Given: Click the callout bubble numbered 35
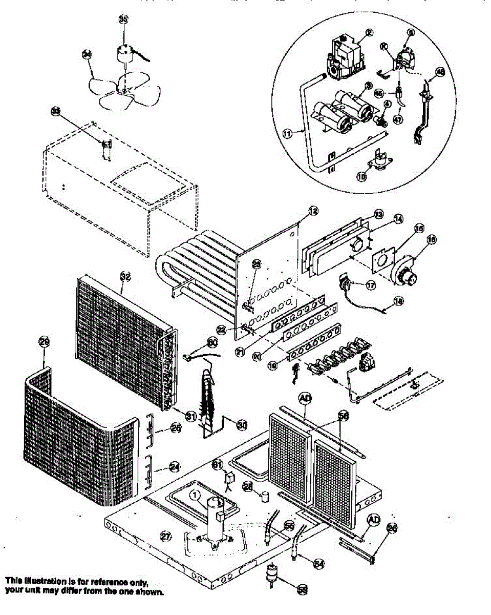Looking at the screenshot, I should [123, 19].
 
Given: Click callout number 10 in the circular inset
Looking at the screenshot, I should [362, 176].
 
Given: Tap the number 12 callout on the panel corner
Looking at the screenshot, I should [314, 210].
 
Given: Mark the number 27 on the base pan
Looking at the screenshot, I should [165, 537].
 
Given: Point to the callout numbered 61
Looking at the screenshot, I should [217, 464].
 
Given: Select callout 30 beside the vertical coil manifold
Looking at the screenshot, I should [241, 423].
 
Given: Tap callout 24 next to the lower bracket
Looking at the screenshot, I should [175, 466].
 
